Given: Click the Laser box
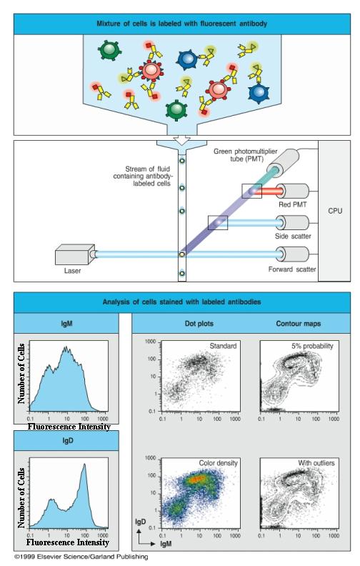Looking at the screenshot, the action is point(73,254).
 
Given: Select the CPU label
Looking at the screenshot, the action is point(335,211).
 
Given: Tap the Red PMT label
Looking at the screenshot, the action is point(293,204).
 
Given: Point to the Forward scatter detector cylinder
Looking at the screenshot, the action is point(292,254).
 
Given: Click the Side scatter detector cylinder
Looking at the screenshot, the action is point(292,223).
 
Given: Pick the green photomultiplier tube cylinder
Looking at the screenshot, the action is point(283,163).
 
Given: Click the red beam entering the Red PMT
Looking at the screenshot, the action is point(269,192).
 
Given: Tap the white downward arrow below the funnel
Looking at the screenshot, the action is point(181,140).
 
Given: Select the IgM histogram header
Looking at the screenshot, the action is point(66,324).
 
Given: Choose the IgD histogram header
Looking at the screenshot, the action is point(67,441).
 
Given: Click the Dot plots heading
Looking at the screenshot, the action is point(199,324).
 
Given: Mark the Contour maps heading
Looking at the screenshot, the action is point(299,324).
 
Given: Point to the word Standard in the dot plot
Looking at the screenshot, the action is point(223,346).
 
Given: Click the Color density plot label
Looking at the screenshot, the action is point(219,463).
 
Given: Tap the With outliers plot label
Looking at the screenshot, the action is point(316,463).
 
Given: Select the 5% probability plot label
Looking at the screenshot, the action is point(312,346).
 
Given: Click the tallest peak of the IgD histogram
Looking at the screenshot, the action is point(85,465).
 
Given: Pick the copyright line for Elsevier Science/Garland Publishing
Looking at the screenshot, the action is point(81,557).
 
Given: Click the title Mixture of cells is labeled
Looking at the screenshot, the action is point(182,24).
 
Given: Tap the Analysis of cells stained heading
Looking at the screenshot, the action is point(181,302).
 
